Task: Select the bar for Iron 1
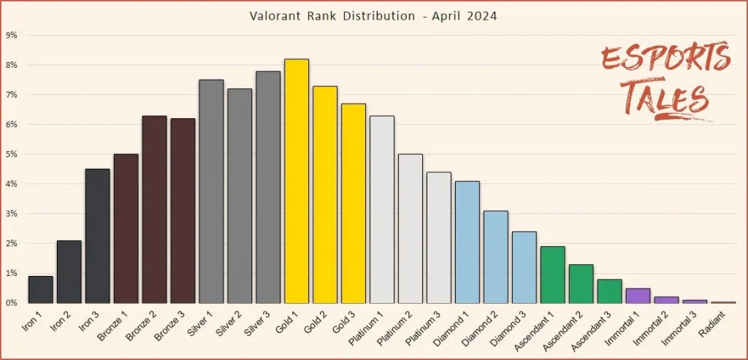point(41,289)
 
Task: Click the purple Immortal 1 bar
point(638,296)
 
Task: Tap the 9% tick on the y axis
point(12,35)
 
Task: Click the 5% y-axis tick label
point(12,154)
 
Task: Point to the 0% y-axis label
point(12,302)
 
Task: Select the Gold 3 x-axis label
point(344,322)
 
